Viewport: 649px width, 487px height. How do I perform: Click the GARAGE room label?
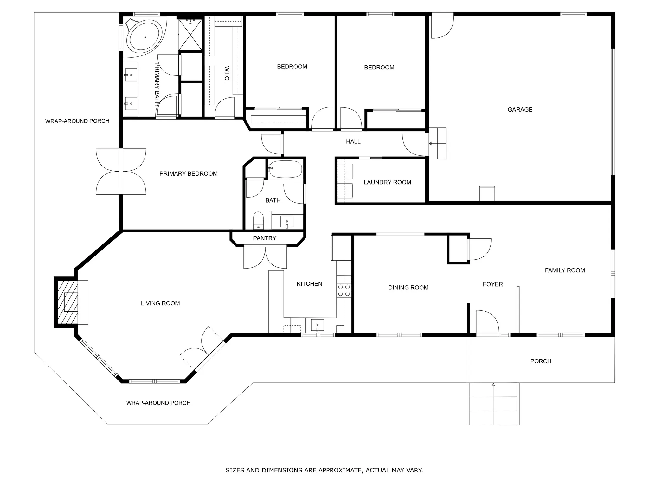pyautogui.click(x=520, y=110)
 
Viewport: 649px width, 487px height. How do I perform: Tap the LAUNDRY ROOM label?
pyautogui.click(x=387, y=182)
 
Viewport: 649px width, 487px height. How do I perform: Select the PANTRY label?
pyautogui.click(x=265, y=238)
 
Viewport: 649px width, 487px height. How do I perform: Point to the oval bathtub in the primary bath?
pyautogui.click(x=145, y=37)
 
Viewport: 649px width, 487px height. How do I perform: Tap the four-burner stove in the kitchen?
pyautogui.click(x=344, y=290)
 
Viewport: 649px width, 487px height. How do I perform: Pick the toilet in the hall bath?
pyautogui.click(x=258, y=220)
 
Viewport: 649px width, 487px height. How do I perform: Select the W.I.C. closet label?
pyautogui.click(x=227, y=74)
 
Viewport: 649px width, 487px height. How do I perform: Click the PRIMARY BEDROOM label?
pyautogui.click(x=188, y=174)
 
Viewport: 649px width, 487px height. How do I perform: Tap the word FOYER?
pyautogui.click(x=493, y=284)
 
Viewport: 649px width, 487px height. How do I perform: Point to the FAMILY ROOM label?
pyautogui.click(x=565, y=270)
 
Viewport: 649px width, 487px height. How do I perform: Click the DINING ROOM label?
pyautogui.click(x=408, y=288)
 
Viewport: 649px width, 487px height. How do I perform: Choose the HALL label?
pyautogui.click(x=353, y=142)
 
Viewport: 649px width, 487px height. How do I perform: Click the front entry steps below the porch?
pyautogui.click(x=493, y=404)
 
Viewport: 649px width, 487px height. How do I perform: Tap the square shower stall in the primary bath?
pyautogui.click(x=190, y=34)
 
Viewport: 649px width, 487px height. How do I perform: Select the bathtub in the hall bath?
pyautogui.click(x=285, y=169)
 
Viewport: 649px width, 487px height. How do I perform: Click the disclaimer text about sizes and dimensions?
pyautogui.click(x=324, y=470)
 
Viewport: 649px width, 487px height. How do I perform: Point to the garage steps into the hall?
pyautogui.click(x=437, y=143)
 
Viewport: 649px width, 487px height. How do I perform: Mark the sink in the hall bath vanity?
pyautogui.click(x=287, y=221)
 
